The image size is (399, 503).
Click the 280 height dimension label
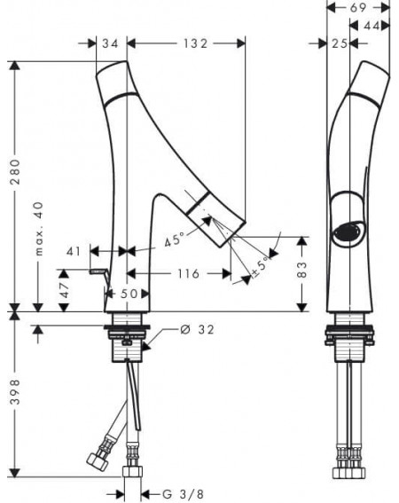point(15,171)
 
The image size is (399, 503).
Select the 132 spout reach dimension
point(195,43)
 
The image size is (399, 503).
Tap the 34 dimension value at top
point(110,43)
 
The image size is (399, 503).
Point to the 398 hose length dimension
point(15,392)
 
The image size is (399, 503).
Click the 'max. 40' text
point(38,228)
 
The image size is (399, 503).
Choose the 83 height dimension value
point(301,270)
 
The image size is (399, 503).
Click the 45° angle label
point(176,239)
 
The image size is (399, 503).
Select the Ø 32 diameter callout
point(197,329)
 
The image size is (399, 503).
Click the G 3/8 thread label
point(183,494)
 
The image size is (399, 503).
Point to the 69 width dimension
point(358,8)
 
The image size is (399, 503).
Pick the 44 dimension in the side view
point(372,26)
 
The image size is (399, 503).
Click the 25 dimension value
point(340,43)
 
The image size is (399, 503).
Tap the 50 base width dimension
point(129,294)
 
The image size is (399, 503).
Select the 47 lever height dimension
point(65,290)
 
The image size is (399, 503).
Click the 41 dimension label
point(74,252)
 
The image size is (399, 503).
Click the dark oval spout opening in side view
point(348,233)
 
